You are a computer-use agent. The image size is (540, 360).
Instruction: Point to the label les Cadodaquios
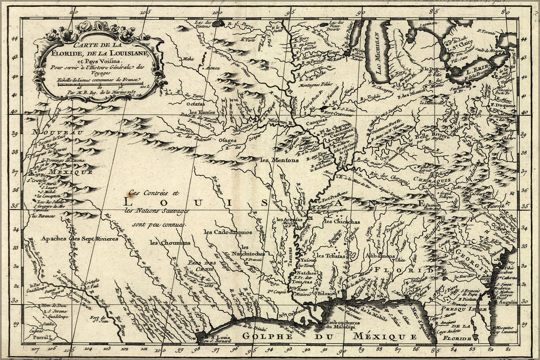(227, 232)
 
